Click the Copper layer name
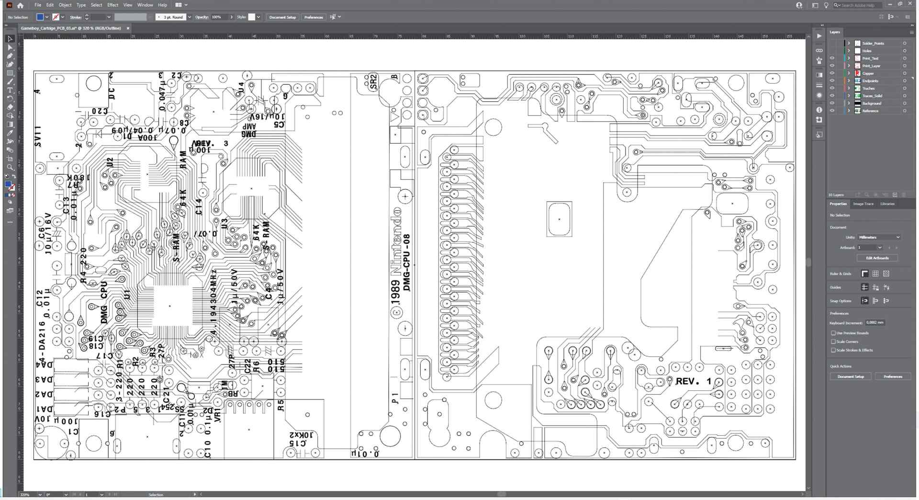868,73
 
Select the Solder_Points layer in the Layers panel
873,44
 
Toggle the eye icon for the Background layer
832,103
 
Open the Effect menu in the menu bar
112,5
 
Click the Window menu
145,5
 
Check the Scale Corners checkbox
833,341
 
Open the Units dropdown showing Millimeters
879,237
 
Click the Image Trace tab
863,204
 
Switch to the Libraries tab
887,204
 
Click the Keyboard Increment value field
875,323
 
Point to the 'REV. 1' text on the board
693,382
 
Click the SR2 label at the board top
373,81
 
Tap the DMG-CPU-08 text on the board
407,262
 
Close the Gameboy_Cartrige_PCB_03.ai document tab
128,28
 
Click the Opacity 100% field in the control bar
218,17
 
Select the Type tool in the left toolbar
10,90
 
